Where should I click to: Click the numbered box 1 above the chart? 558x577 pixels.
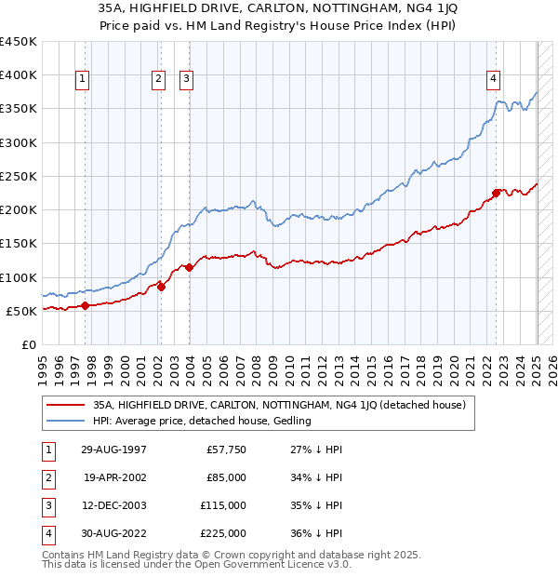point(83,79)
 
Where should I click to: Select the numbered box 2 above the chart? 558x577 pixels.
point(159,79)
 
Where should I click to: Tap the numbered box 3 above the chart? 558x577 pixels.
point(186,79)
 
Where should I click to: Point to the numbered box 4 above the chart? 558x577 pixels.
point(492,79)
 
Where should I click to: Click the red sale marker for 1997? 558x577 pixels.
point(85,304)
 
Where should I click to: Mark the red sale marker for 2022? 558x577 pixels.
point(496,193)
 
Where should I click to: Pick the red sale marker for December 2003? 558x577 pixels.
point(189,267)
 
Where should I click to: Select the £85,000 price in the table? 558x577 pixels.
point(226,477)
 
